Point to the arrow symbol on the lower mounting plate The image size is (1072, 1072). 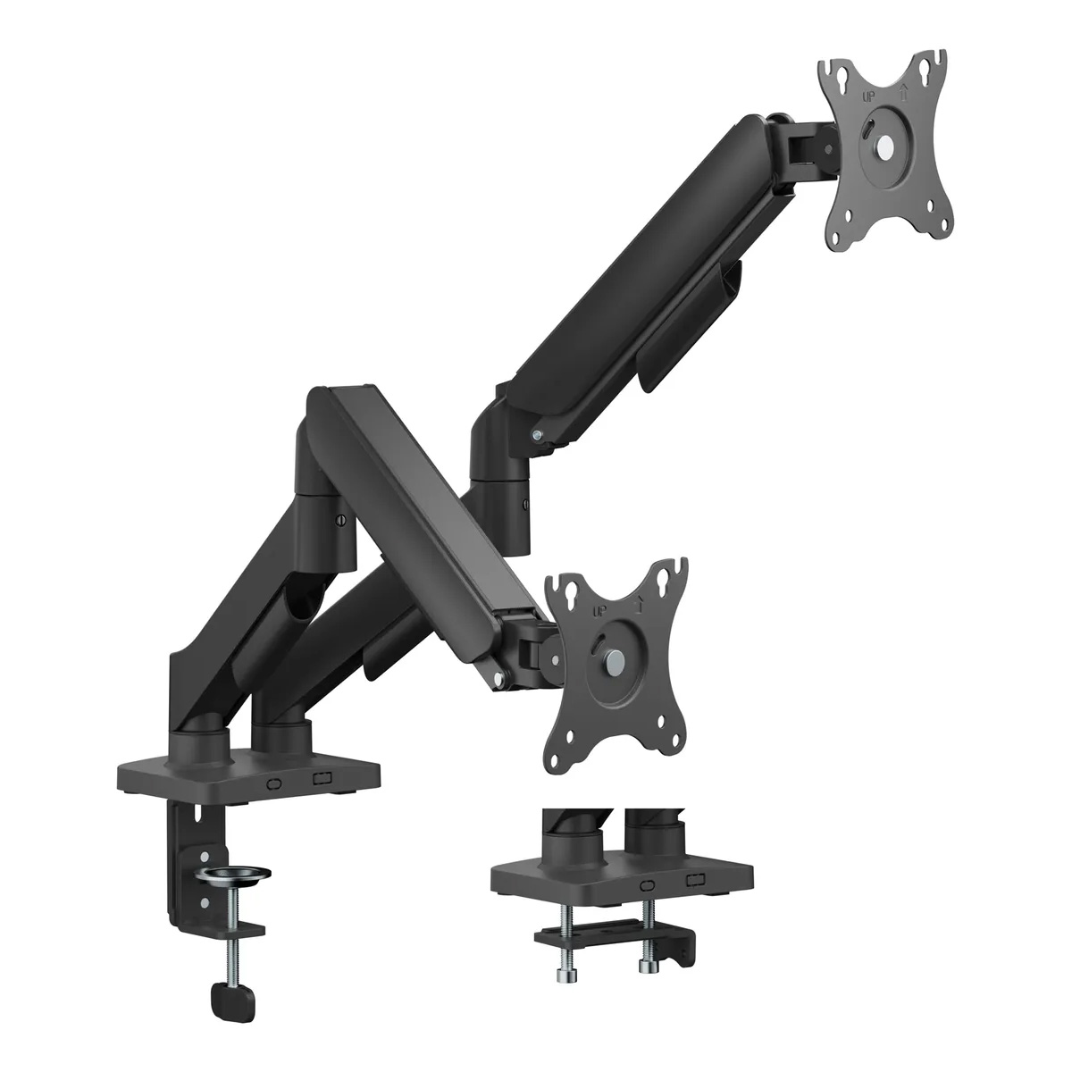pyautogui.click(x=638, y=604)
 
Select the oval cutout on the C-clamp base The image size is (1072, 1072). pyautogui.click(x=274, y=783)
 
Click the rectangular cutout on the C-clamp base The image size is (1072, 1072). pyautogui.click(x=322, y=778)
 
